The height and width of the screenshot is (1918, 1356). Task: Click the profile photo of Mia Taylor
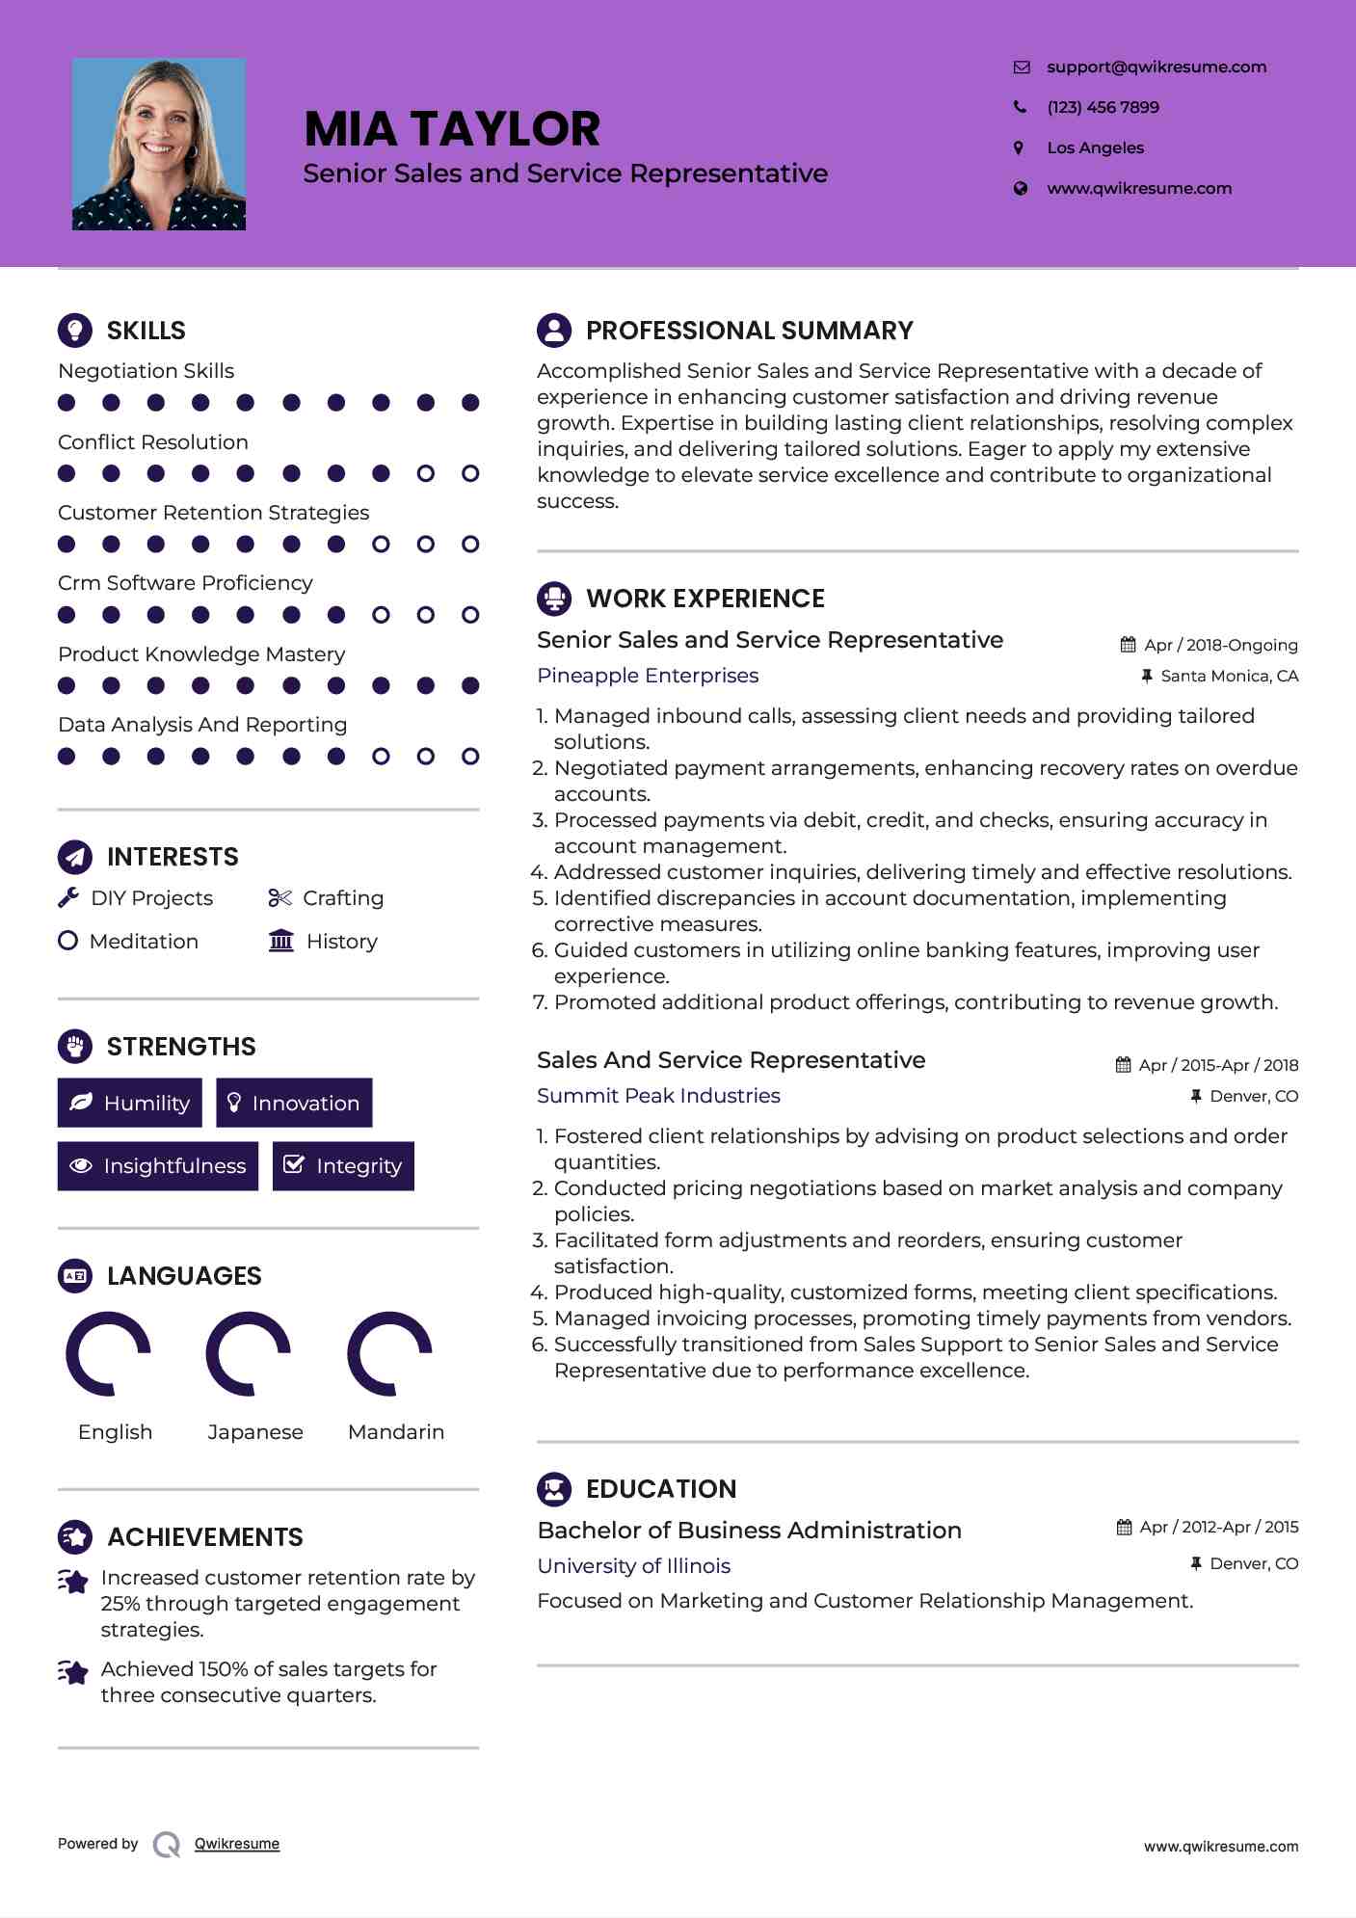coord(159,145)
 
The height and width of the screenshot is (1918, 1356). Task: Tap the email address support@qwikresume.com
coord(1157,67)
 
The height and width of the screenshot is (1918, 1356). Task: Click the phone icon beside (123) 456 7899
coord(1020,107)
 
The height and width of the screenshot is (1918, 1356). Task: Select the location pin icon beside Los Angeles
coord(1019,147)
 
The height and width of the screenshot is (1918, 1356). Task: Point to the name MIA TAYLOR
coord(452,129)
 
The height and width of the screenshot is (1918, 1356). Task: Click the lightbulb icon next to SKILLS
coord(75,331)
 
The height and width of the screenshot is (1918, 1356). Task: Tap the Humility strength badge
coord(130,1103)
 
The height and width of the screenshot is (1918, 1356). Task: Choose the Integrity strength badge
coord(343,1166)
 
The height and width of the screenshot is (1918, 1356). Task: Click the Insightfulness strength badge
coord(158,1166)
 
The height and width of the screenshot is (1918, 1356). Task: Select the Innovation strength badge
coord(294,1103)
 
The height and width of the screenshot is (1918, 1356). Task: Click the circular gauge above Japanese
coord(249,1353)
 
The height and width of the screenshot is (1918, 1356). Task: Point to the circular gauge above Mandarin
coord(389,1353)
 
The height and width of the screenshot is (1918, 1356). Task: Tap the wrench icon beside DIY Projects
coord(68,897)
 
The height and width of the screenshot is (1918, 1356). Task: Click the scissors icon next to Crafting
coord(279,898)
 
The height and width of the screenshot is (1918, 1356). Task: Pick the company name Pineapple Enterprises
coord(648,676)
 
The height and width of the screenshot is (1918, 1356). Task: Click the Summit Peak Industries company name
coord(658,1096)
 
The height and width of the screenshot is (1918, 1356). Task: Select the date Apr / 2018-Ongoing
coord(1220,645)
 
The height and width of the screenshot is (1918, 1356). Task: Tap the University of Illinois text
coord(633,1566)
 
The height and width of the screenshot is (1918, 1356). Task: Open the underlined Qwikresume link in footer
coord(237,1844)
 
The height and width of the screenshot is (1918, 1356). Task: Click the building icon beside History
coord(281,941)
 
